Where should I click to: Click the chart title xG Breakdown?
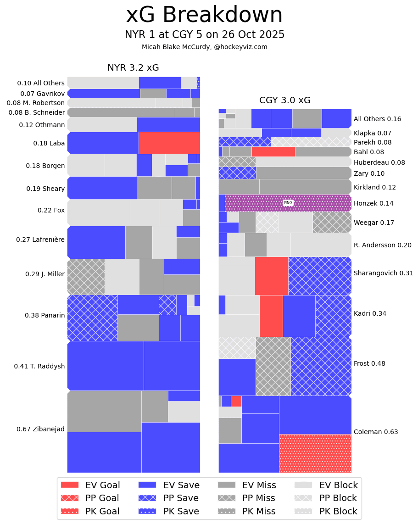coord(204,15)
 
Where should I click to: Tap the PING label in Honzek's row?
coord(288,203)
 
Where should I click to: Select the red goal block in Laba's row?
coord(169,143)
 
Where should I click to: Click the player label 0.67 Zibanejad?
coord(40,429)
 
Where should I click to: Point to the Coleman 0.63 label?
coord(376,432)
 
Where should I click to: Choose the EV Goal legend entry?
coord(90,485)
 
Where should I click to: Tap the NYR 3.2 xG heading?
coord(133,68)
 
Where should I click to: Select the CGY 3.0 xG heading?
coord(285,100)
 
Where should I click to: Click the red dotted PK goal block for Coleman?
coord(315,453)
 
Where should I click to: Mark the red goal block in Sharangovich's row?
coord(272,276)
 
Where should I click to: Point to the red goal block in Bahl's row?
coord(273,151)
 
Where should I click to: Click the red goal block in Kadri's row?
coord(271,316)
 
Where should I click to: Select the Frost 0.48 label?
coord(369,363)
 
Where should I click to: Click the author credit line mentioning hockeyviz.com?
coord(204,47)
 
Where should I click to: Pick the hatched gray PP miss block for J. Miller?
coord(86,277)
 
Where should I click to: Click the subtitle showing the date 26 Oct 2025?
coord(204,35)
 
